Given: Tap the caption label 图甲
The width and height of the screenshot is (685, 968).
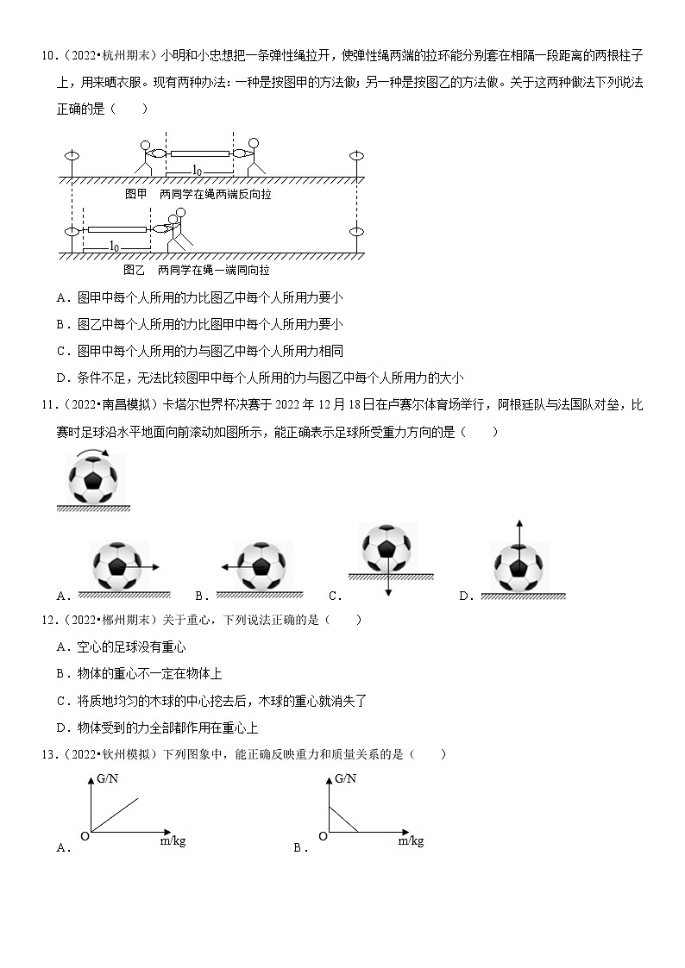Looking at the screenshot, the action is click(x=136, y=195).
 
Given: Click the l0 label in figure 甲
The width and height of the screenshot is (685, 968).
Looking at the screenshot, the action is click(x=198, y=170).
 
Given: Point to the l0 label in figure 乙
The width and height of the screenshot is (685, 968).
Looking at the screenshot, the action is click(x=116, y=247).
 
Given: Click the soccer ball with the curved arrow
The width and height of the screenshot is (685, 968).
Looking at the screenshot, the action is click(x=95, y=480).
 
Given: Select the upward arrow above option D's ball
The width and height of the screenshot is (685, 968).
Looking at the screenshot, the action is click(x=518, y=534).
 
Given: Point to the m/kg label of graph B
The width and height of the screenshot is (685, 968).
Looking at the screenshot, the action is click(x=411, y=840).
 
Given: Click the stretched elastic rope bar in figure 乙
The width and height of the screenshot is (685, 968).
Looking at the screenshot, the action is click(x=116, y=230).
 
